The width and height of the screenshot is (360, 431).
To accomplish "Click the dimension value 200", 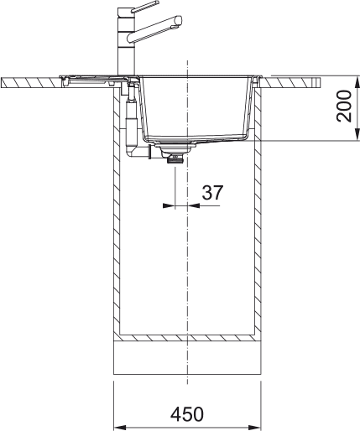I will pyautogui.click(x=344, y=106).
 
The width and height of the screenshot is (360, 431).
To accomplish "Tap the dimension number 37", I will pyautogui.click(x=212, y=192).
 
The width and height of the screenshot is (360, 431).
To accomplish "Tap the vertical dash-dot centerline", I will pyautogui.click(x=188, y=252).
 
